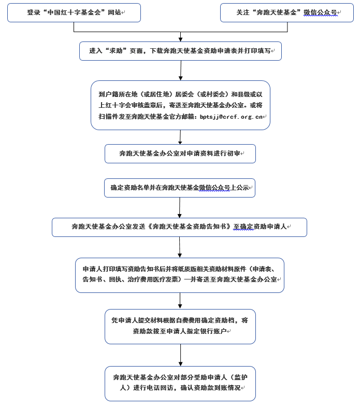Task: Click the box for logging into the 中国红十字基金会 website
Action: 74,13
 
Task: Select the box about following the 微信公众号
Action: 287,13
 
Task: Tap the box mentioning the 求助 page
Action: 181,51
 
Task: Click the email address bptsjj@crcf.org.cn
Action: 231,117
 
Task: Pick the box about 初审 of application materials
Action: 180,153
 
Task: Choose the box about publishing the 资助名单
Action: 180,188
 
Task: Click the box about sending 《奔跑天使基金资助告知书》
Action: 179,228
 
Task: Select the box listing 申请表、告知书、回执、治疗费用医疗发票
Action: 180,275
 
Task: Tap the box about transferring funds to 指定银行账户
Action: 180,327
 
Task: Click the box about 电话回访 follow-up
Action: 180,384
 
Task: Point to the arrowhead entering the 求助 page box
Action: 181,40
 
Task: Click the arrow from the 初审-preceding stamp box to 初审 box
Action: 180,137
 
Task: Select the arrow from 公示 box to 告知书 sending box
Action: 179,208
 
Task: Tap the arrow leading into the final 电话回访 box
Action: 181,355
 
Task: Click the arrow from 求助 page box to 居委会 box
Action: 181,71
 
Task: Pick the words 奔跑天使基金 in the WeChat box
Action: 276,12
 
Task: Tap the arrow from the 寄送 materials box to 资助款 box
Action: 180,301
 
